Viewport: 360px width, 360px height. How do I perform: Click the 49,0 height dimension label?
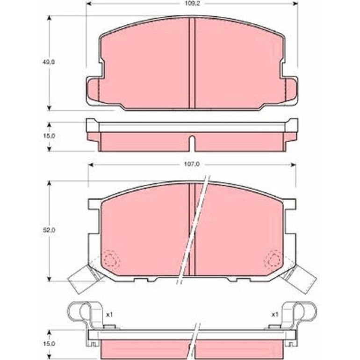49,62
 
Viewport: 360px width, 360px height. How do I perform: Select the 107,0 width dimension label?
192,165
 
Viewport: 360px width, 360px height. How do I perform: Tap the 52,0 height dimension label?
49,230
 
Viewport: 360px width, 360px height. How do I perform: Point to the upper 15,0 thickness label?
49,136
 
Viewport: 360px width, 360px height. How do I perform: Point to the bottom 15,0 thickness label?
49,344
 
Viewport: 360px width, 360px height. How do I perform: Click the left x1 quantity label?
109,314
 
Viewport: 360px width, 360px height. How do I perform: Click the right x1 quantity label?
275,314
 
